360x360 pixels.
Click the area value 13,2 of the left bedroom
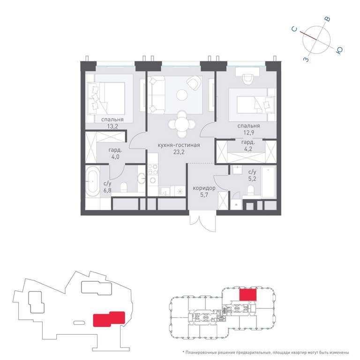click(x=112, y=126)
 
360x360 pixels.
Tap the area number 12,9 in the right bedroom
click(x=248, y=133)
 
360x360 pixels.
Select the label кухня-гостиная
click(x=179, y=145)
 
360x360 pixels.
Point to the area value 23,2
click(x=179, y=152)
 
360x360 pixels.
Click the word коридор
click(x=204, y=188)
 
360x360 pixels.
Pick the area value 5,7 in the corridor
click(x=204, y=195)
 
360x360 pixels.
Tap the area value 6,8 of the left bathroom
click(x=107, y=190)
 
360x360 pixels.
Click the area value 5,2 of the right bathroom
click(x=252, y=179)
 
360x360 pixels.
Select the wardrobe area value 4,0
click(x=115, y=157)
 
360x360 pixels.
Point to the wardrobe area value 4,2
click(x=247, y=149)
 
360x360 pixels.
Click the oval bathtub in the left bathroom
click(x=92, y=181)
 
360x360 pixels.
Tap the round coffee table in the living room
click(x=182, y=95)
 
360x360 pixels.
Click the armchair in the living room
click(x=194, y=83)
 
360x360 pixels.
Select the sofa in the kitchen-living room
click(x=157, y=95)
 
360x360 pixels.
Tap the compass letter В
click(x=328, y=19)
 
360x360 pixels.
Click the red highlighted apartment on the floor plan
click(x=247, y=294)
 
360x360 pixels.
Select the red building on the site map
click(x=109, y=319)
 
